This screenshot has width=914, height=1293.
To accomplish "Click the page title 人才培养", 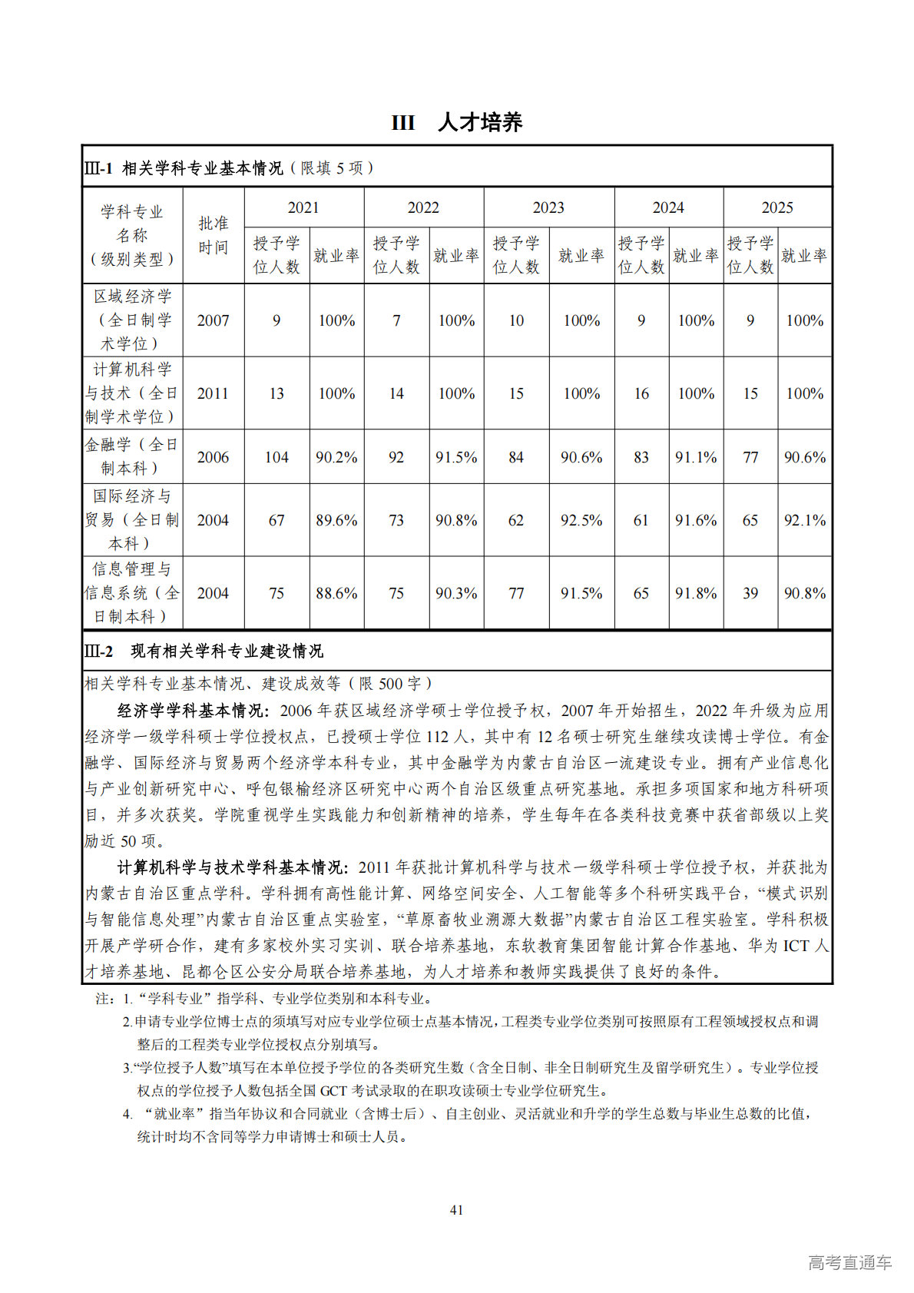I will pyautogui.click(x=480, y=123).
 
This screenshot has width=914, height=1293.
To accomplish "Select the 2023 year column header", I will pyautogui.click(x=548, y=207).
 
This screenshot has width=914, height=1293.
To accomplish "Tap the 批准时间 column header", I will pyautogui.click(x=213, y=235).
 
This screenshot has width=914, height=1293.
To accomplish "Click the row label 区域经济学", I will pyautogui.click(x=132, y=297).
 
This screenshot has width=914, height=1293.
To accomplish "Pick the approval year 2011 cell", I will pyautogui.click(x=213, y=393).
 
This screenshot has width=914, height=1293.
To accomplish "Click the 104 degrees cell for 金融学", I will pyautogui.click(x=277, y=457).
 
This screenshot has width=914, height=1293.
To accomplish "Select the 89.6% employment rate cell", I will pyautogui.click(x=336, y=520).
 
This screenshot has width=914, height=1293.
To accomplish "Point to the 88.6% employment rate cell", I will pyautogui.click(x=336, y=593).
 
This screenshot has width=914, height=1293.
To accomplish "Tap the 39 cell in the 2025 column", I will pyautogui.click(x=750, y=593).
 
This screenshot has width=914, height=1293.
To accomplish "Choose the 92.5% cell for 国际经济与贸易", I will pyautogui.click(x=581, y=520).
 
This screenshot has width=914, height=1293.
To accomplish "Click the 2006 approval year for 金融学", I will pyautogui.click(x=213, y=457).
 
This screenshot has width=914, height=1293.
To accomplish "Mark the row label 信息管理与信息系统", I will pyautogui.click(x=132, y=592).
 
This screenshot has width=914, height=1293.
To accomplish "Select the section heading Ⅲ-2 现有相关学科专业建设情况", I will pyautogui.click(x=204, y=651).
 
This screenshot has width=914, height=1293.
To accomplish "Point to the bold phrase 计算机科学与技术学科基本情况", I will pyautogui.click(x=229, y=867).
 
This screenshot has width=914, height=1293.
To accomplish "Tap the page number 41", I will pyautogui.click(x=456, y=1210).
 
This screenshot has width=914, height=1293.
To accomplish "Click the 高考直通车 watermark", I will pyautogui.click(x=849, y=1262).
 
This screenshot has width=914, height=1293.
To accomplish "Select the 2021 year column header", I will pyautogui.click(x=303, y=207).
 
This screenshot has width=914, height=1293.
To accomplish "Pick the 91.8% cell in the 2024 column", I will pyautogui.click(x=696, y=593).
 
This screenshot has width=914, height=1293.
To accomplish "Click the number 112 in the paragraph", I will pyautogui.click(x=437, y=737).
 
